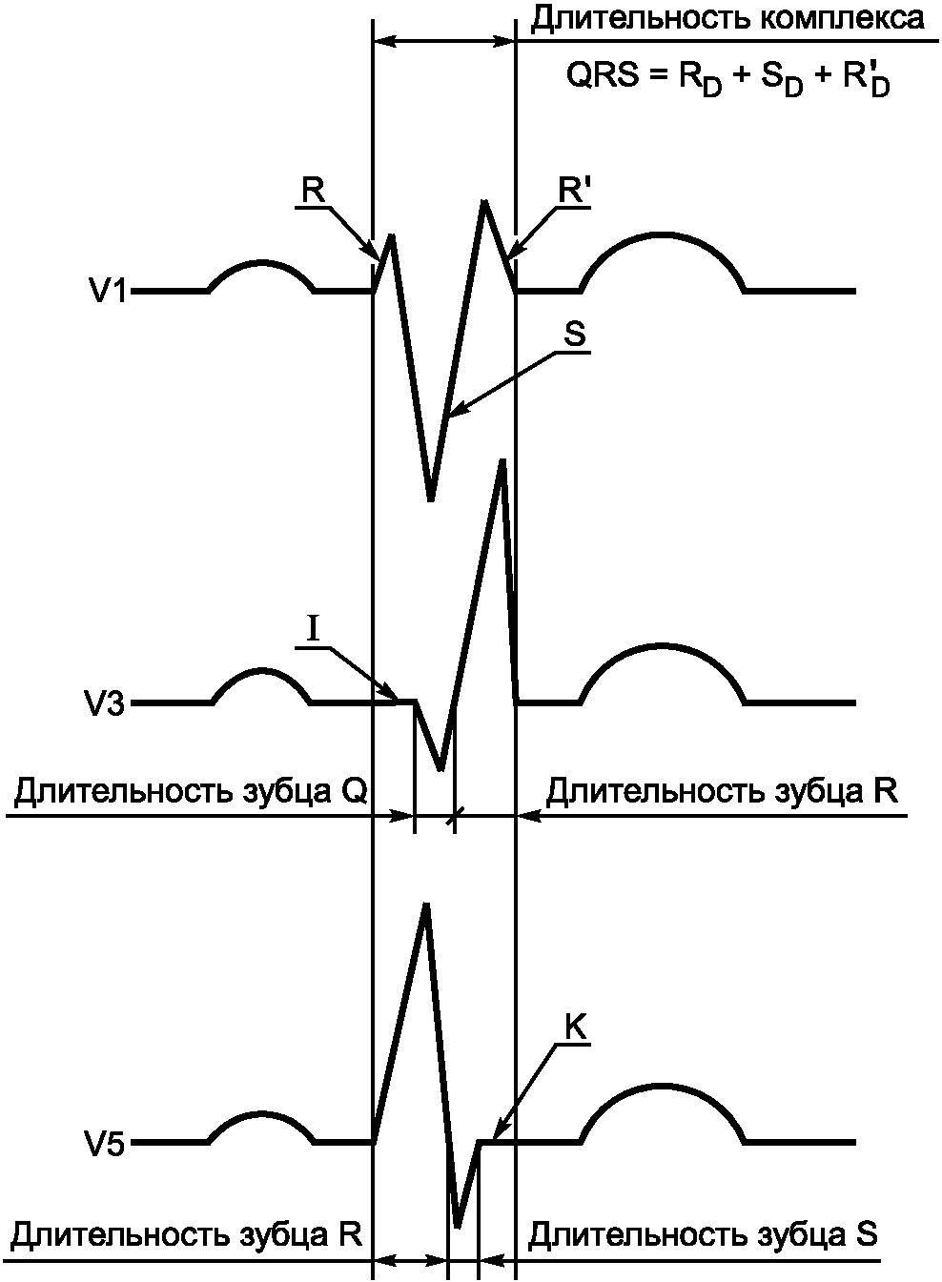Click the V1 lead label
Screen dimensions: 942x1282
107,291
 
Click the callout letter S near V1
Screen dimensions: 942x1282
574,336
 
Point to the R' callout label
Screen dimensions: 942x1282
573,191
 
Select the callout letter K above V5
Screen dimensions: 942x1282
575,1028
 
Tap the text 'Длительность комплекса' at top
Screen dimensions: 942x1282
727,19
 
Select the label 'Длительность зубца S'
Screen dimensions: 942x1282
703,1235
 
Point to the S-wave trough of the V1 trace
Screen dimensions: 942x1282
431,499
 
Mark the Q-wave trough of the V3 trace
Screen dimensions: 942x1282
440,768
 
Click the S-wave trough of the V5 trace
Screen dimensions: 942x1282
459,1226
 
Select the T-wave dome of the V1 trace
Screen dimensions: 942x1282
663,234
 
